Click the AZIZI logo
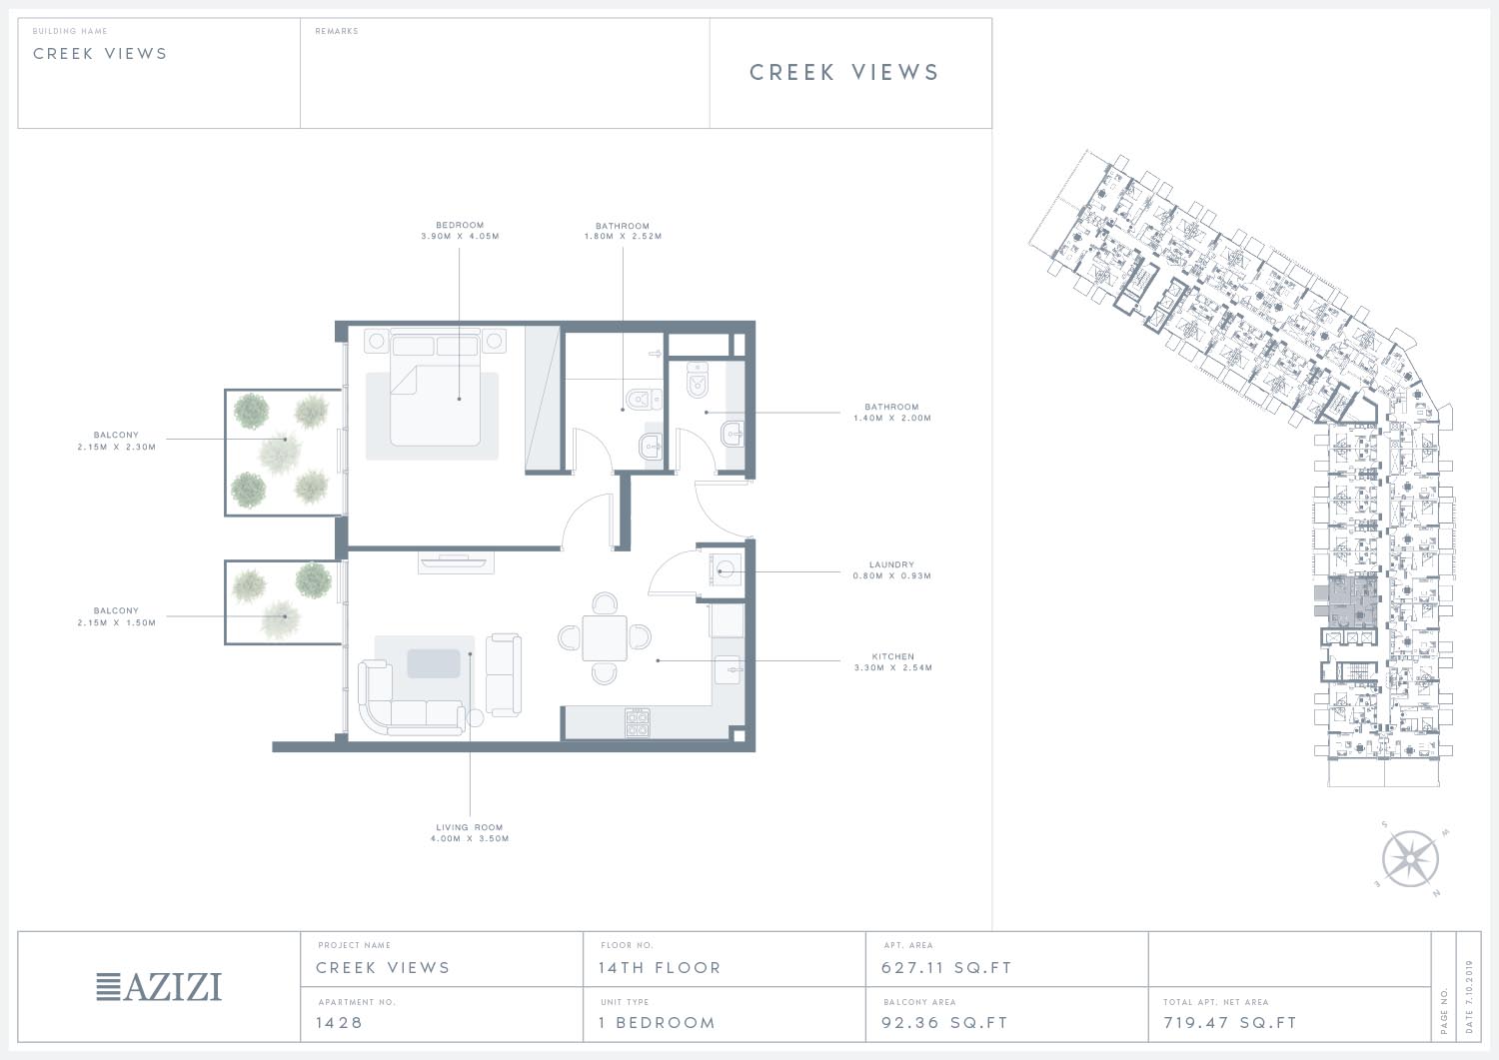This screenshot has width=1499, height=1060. [x=159, y=987]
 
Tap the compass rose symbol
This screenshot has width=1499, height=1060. [x=1410, y=858]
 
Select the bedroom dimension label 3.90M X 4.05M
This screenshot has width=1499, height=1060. [x=460, y=236]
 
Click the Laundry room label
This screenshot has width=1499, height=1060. [x=891, y=564]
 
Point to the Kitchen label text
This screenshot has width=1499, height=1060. [x=892, y=656]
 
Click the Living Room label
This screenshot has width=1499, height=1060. [x=469, y=827]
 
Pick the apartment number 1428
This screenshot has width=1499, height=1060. [x=339, y=1022]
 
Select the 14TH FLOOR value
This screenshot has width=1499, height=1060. [x=660, y=968]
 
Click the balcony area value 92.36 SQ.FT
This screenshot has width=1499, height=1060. [x=944, y=1022]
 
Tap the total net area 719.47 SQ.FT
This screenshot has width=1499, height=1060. [x=1230, y=1022]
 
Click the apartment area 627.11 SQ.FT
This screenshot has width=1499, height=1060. [x=946, y=968]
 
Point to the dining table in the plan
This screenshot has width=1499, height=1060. [x=605, y=637]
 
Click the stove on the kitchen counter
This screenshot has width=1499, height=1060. [x=638, y=722]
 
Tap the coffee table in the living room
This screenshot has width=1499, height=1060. [x=434, y=663]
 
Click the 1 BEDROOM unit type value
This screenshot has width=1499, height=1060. [x=658, y=1022]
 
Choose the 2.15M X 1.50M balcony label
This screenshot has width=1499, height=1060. [x=117, y=622]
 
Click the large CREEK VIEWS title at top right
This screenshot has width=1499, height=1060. [x=843, y=72]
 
